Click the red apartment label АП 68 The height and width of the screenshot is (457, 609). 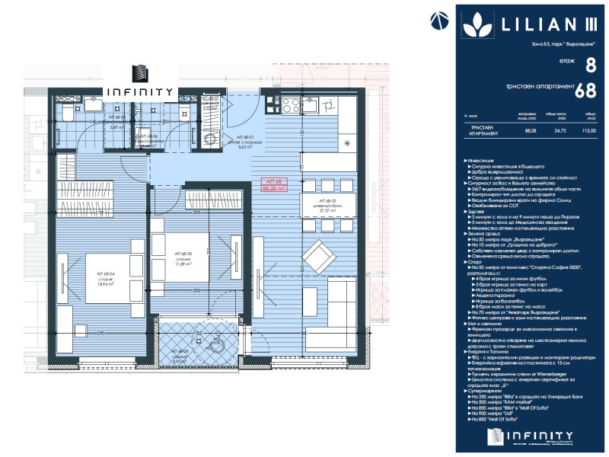[272, 181]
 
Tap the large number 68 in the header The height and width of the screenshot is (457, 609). [585, 91]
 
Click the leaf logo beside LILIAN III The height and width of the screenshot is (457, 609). [480, 24]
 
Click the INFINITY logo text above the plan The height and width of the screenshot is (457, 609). [140, 90]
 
